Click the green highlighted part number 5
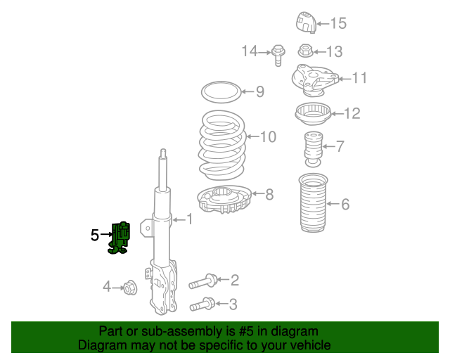pyautogui.click(x=120, y=238)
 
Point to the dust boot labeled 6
pyautogui.click(x=313, y=202)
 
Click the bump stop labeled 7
pyautogui.click(x=313, y=149)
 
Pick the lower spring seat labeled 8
pyautogui.click(x=224, y=200)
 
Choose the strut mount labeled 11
pyautogui.click(x=315, y=80)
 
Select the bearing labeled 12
pyautogui.click(x=313, y=114)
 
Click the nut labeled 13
pyautogui.click(x=306, y=51)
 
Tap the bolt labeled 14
pyautogui.click(x=278, y=55)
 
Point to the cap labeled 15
pyautogui.click(x=307, y=22)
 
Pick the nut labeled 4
pyautogui.click(x=130, y=288)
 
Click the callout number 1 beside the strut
pyautogui.click(x=189, y=219)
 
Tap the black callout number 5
pyautogui.click(x=95, y=235)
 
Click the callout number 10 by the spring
pyautogui.click(x=268, y=136)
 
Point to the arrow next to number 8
pyautogui.click(x=258, y=194)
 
